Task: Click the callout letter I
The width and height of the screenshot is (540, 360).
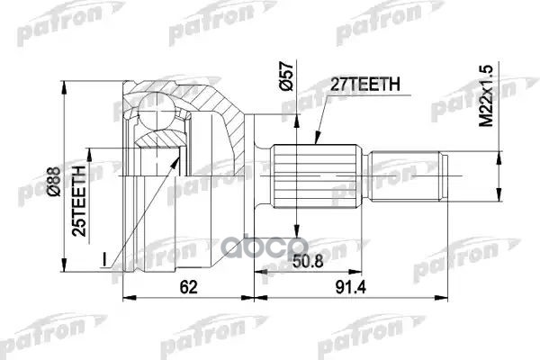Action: (x=105, y=261)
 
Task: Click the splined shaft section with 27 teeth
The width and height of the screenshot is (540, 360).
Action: (x=319, y=175)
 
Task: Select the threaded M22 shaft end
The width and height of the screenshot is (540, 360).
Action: (x=409, y=175)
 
